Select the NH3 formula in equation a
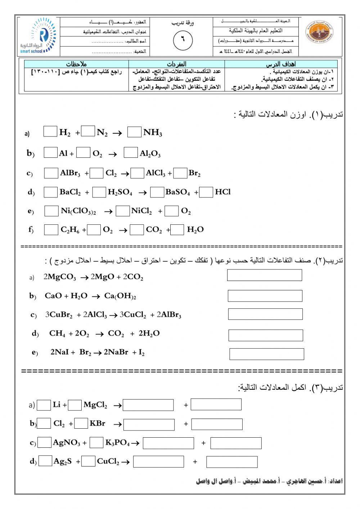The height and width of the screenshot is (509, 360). click(153, 133)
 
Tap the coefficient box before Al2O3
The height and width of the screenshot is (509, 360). click(131, 153)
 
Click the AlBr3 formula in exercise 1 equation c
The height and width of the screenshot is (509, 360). click(70, 173)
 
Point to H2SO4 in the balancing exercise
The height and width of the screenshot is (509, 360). click(120, 192)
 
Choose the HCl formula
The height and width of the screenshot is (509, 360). click(222, 192)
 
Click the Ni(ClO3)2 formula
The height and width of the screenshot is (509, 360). click(78, 211)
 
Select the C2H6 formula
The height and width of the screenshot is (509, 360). click(70, 230)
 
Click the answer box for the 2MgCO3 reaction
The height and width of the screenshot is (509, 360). click(264, 275)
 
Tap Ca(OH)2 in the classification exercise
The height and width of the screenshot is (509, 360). click(120, 296)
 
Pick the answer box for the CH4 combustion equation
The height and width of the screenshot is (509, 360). click(266, 335)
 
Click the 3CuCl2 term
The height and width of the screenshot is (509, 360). click(133, 315)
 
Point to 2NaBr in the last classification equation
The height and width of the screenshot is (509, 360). click(116, 353)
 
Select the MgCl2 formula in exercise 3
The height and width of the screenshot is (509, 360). click(95, 405)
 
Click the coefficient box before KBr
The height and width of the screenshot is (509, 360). click(81, 423)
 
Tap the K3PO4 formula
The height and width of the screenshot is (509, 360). click(117, 443)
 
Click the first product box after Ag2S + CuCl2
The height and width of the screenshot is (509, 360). click(158, 461)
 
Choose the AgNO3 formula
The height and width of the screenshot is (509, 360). click(67, 443)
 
